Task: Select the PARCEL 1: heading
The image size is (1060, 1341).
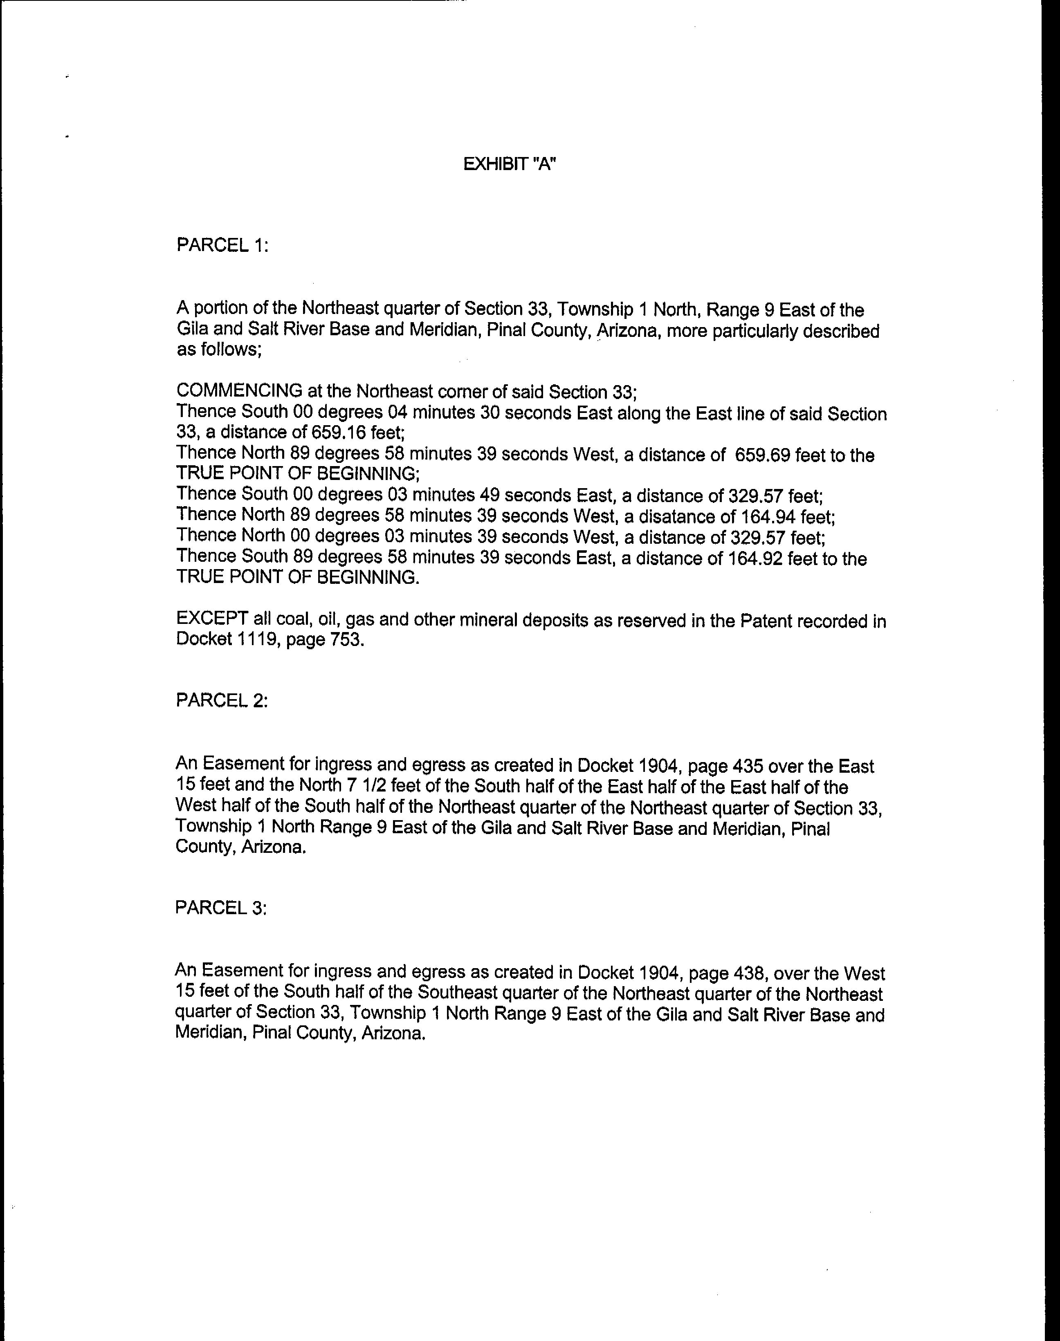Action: (222, 245)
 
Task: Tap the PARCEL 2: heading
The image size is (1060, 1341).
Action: (222, 701)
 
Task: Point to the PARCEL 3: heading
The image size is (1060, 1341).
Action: (221, 908)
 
